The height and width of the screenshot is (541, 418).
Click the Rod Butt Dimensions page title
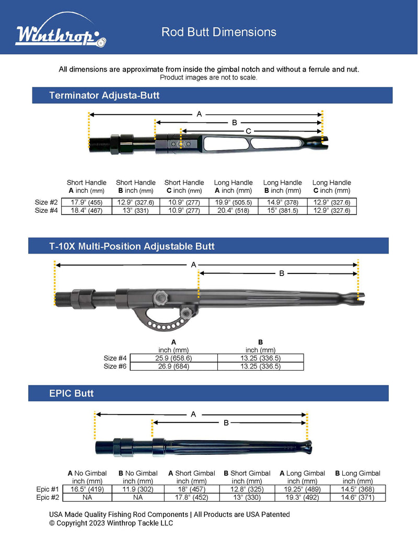218,32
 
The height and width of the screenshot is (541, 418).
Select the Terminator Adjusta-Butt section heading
104,95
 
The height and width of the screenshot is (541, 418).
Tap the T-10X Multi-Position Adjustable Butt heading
132,246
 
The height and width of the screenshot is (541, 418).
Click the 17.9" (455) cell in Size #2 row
86,202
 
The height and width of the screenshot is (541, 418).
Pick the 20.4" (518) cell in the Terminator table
233,210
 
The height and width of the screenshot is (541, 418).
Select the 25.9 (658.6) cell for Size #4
173,358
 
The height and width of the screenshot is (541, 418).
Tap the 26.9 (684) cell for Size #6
173,366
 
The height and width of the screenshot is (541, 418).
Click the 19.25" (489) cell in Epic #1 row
302,489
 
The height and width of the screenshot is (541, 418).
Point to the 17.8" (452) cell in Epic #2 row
191,497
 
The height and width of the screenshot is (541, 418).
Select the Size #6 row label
115,366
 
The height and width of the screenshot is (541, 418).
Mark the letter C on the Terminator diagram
248,131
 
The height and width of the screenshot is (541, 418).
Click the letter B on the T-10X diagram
282,273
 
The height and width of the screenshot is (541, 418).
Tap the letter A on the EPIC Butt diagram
193,414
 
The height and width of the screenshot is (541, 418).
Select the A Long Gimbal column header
302,477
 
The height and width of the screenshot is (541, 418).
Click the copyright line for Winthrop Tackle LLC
111,523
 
